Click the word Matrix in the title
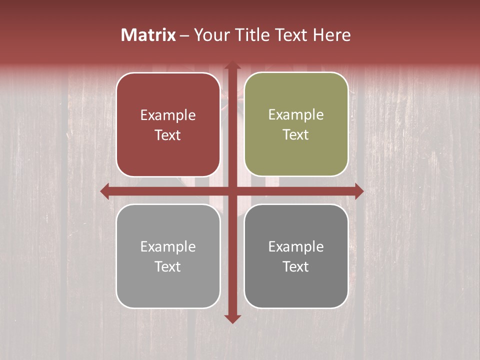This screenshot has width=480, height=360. click(148, 35)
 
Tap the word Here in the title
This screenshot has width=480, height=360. click(331, 35)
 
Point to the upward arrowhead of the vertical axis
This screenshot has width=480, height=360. click(232, 64)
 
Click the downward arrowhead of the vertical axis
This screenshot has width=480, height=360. click(232, 319)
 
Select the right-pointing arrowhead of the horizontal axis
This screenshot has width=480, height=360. click(359, 191)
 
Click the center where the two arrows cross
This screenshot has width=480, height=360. click(232, 191)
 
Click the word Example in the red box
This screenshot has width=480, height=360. click(168, 115)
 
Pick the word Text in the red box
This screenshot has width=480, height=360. click(168, 135)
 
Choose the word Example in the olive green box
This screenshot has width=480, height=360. click(296, 115)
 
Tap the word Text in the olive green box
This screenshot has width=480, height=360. click(296, 134)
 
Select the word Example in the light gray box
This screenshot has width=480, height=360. click(168, 247)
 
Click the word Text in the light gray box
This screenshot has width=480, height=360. click(168, 266)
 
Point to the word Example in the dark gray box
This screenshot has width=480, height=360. click(296, 247)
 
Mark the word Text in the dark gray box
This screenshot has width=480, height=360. click(296, 266)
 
